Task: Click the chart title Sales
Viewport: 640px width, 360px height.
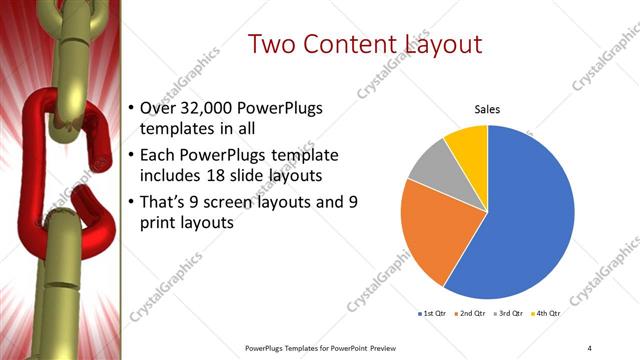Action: [487, 110]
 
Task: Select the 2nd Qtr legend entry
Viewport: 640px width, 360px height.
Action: [473, 314]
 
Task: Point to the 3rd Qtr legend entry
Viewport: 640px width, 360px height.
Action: [511, 314]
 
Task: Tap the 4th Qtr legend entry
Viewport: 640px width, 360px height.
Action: [548, 314]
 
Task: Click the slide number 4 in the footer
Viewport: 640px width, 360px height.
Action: [589, 347]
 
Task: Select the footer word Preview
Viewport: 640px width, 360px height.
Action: [392, 347]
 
